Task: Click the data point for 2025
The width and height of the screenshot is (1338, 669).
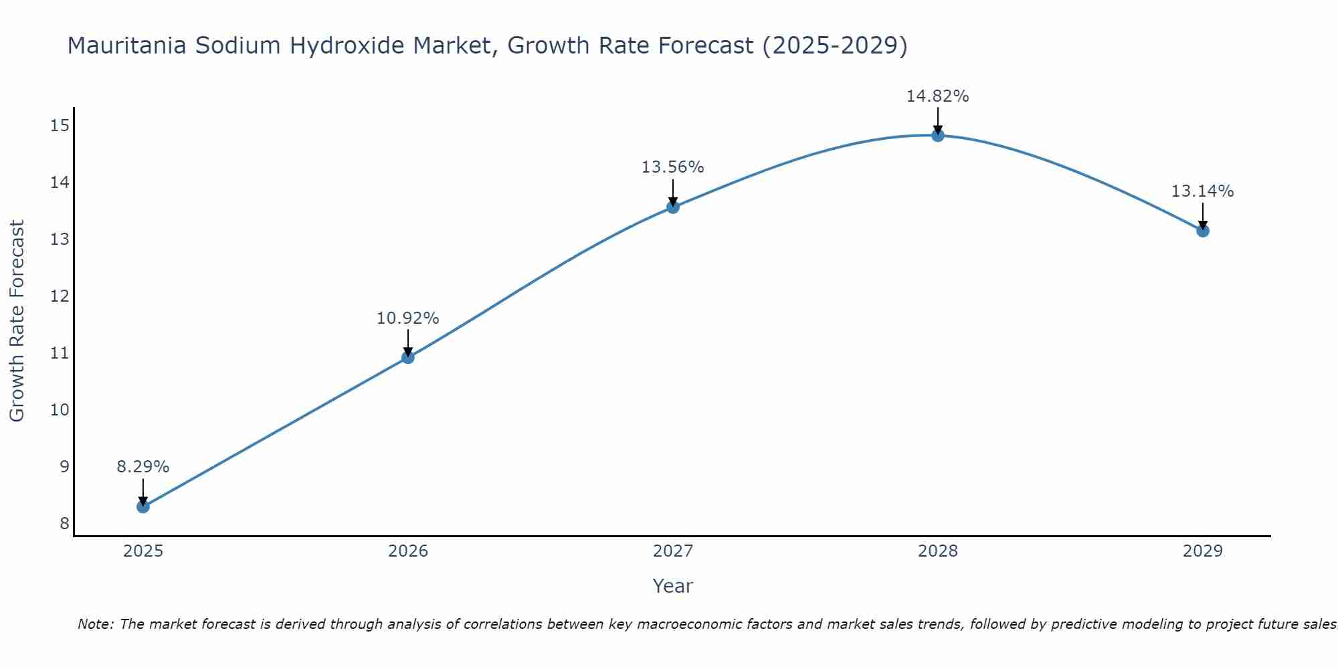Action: tap(143, 506)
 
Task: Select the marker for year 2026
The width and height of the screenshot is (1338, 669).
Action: tap(408, 357)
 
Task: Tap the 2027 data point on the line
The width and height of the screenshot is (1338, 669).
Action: tap(673, 207)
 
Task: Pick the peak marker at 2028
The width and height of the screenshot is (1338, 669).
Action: tap(938, 136)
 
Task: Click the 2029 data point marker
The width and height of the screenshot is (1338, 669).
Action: tap(1203, 231)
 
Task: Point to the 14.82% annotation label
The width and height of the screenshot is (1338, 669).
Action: tap(937, 96)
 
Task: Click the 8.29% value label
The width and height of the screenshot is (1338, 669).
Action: tap(143, 467)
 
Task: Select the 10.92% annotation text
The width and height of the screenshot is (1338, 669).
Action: tap(407, 318)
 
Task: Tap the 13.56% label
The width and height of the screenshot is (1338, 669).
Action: tap(672, 167)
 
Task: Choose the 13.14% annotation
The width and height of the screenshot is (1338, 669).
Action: tap(1202, 191)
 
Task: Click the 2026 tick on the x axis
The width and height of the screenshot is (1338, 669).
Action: tap(408, 551)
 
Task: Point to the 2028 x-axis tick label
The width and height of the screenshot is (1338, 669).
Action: tap(938, 551)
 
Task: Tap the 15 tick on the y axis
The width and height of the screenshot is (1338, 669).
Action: tap(60, 125)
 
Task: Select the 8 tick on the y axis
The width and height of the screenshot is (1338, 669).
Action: tap(64, 523)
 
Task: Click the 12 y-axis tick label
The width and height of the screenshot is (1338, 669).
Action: tap(60, 296)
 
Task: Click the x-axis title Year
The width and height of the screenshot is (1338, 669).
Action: tap(672, 586)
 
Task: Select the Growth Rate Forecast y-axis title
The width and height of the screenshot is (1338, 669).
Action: tap(17, 321)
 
